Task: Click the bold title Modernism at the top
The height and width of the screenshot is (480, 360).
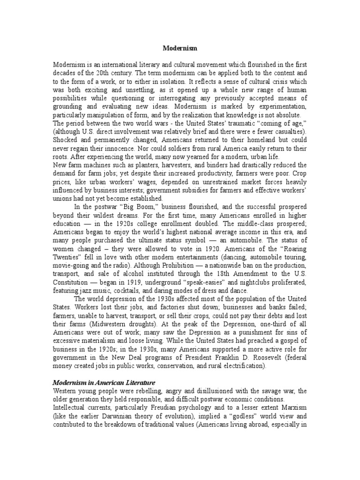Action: [180, 48]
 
